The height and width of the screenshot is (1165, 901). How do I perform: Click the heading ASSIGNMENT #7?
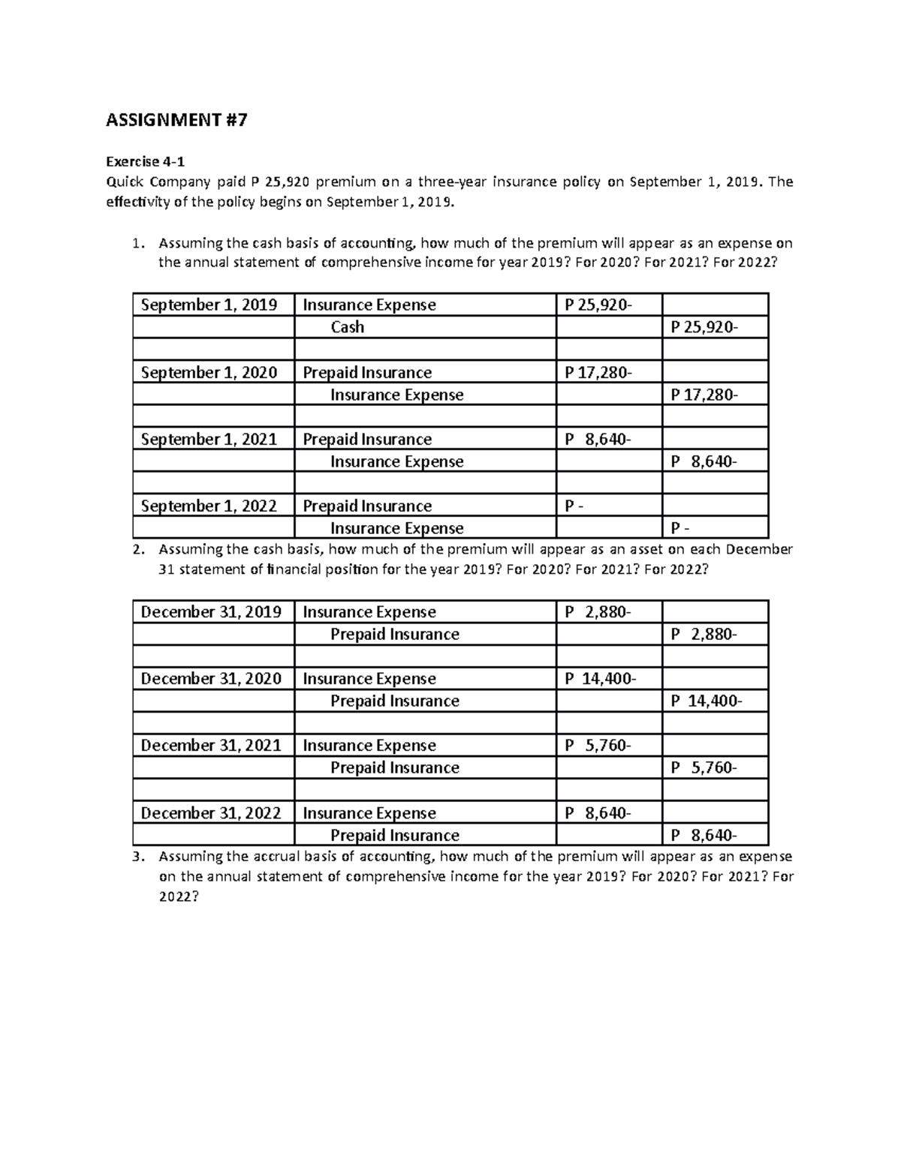(x=176, y=120)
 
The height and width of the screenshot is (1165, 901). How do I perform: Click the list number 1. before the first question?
(x=136, y=243)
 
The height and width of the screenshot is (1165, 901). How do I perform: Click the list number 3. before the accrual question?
(x=136, y=857)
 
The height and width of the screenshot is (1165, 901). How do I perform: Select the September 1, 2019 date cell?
(x=209, y=305)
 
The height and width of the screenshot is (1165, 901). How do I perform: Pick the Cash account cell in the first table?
(x=347, y=327)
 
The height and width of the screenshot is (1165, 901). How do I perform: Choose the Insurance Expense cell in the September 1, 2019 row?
(x=369, y=305)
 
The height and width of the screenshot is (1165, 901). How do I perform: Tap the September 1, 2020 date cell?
(x=209, y=373)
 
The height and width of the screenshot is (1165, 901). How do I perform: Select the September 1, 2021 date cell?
(x=209, y=440)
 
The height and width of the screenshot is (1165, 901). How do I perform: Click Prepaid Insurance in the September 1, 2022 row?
(x=366, y=506)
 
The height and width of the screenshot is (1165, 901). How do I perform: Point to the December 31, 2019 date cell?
(x=211, y=612)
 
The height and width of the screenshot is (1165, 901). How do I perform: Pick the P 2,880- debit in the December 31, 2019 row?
(x=598, y=612)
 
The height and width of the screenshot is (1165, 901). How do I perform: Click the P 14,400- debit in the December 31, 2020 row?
(x=600, y=679)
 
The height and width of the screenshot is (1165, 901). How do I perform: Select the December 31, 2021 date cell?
(x=211, y=746)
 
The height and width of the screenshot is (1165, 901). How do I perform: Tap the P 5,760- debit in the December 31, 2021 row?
(x=598, y=746)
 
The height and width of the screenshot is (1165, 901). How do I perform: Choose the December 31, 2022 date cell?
(x=211, y=813)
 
